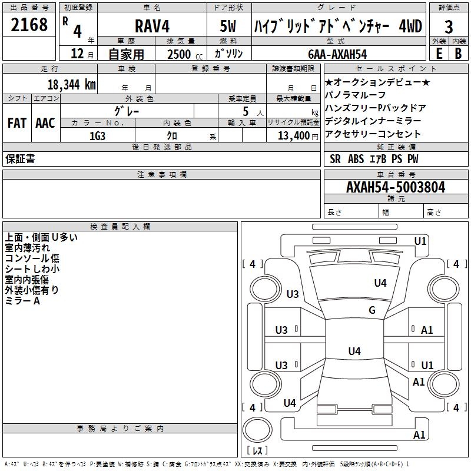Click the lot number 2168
tap(29, 25)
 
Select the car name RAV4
tap(151, 26)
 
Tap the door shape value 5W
tap(228, 26)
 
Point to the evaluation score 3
tap(449, 26)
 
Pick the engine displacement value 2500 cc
tap(180, 54)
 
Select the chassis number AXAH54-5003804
tap(396, 187)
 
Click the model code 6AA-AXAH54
tap(337, 54)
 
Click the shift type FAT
tap(16, 122)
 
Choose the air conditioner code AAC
tap(45, 122)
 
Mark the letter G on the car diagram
tap(372, 310)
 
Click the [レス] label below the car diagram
tap(257, 451)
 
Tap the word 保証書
tap(20, 159)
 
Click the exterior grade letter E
tap(439, 54)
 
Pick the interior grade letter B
tap(458, 54)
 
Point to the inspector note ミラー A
tap(22, 301)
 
